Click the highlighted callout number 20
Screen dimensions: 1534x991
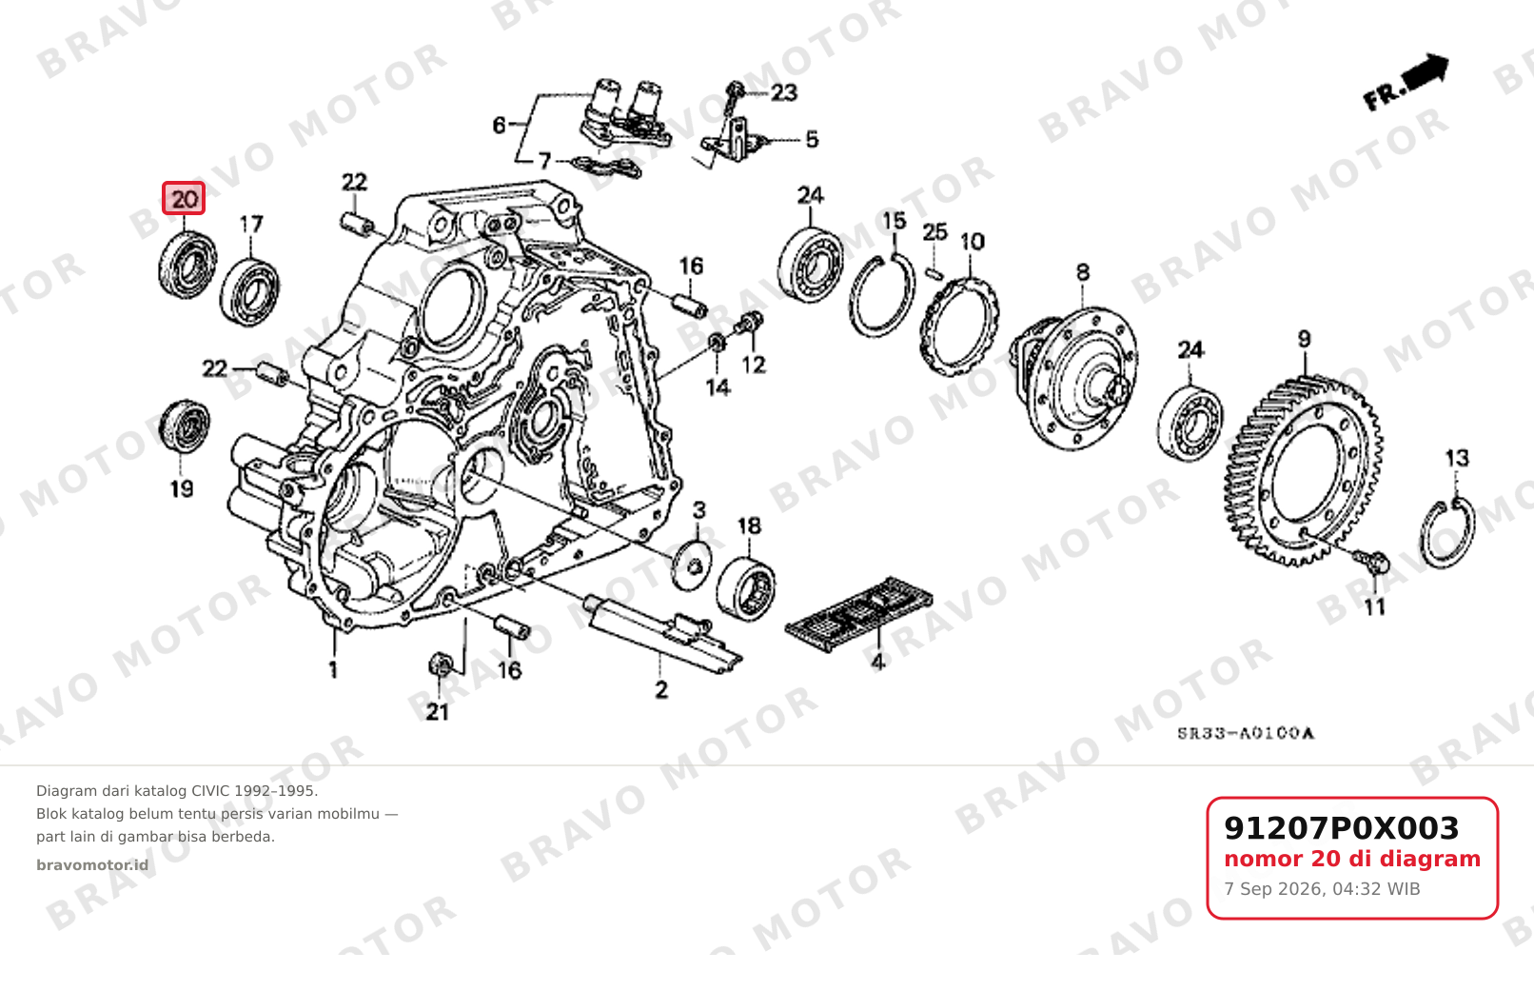(x=184, y=199)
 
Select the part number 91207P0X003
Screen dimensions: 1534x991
(x=1341, y=828)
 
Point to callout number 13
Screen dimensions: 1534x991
(x=1457, y=458)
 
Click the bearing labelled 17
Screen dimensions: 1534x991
(x=249, y=291)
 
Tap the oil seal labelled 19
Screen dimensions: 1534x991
(x=184, y=426)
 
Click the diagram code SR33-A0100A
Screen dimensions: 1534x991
(x=1245, y=733)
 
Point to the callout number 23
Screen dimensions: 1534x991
(x=784, y=92)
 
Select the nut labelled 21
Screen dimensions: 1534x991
(x=441, y=664)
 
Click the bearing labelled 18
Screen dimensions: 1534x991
(x=746, y=588)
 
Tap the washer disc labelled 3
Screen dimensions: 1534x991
(x=692, y=565)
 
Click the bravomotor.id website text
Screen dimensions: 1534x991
(x=92, y=865)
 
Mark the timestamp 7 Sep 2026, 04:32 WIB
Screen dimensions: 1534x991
(x=1322, y=889)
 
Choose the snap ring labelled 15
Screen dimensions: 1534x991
(x=881, y=294)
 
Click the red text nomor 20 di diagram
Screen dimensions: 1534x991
(x=1352, y=859)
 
